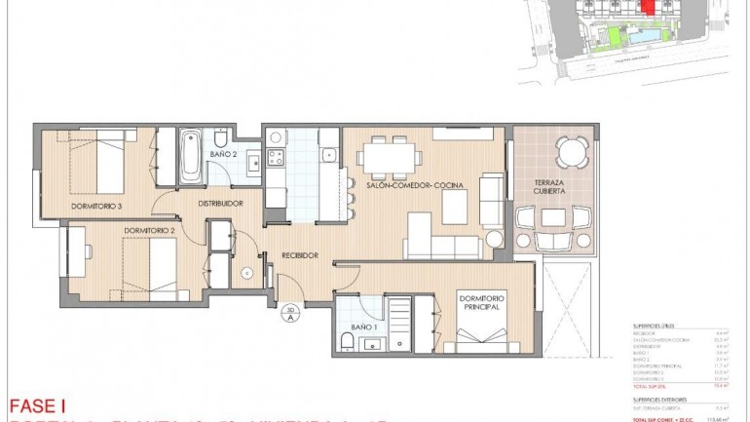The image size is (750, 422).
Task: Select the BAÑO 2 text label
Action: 223,154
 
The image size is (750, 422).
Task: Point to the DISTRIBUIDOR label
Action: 220,204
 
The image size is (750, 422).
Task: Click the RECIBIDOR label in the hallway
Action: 299,255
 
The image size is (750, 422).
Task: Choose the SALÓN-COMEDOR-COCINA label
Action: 415,185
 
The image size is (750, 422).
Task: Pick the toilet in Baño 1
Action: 347,339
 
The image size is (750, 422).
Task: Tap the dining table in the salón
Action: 391,156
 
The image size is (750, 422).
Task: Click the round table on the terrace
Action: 572,151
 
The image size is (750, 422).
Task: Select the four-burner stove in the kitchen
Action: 276,156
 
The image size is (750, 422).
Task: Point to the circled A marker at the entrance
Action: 289,315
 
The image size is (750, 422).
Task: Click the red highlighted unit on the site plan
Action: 647,8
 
